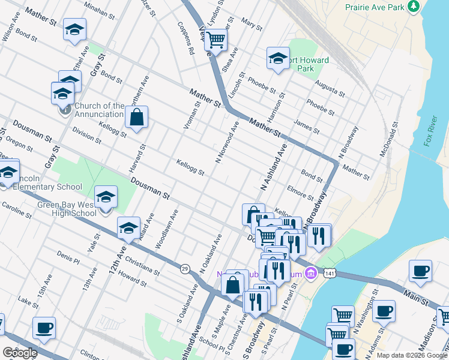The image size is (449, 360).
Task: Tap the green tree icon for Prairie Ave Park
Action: click(x=413, y=7)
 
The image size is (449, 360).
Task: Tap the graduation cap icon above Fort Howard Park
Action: click(x=278, y=58)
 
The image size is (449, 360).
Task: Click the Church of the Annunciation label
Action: click(x=100, y=110)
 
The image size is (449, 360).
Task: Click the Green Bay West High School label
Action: click(x=66, y=208)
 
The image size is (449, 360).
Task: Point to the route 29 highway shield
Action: click(x=184, y=268)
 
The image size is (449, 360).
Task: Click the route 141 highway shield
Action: click(x=329, y=273)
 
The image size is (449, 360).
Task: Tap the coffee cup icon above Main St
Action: click(x=420, y=270)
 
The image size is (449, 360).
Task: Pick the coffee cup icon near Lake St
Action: click(x=44, y=328)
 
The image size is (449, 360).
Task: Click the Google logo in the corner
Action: click(x=20, y=353)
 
